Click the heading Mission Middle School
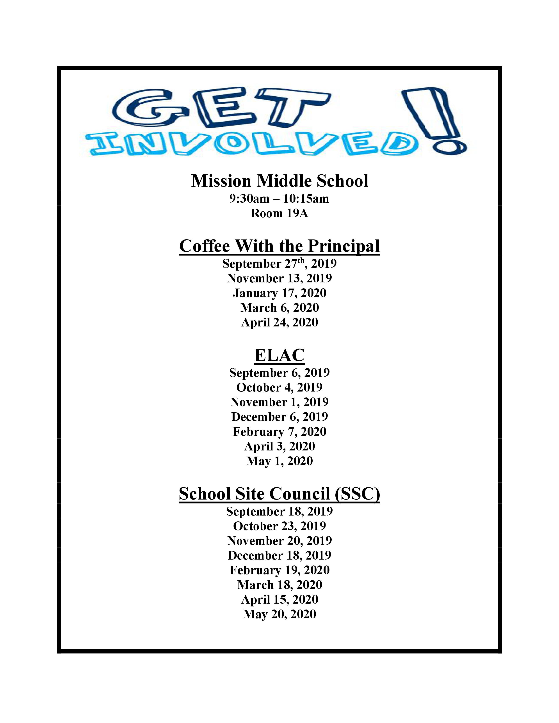click(x=279, y=181)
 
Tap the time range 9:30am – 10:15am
click(x=279, y=199)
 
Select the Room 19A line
click(x=279, y=214)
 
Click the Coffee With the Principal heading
click(x=279, y=246)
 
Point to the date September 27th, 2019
click(x=279, y=264)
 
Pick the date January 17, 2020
click(x=279, y=293)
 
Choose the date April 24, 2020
click(x=279, y=323)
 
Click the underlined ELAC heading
click(x=279, y=355)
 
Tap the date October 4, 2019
click(x=279, y=387)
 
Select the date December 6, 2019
click(x=279, y=417)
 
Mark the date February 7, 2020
click(x=279, y=432)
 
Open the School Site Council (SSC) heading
click(x=279, y=494)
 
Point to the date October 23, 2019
click(x=279, y=526)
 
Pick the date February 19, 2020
click(x=279, y=570)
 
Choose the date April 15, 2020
click(x=279, y=599)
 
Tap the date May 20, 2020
click(x=279, y=614)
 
